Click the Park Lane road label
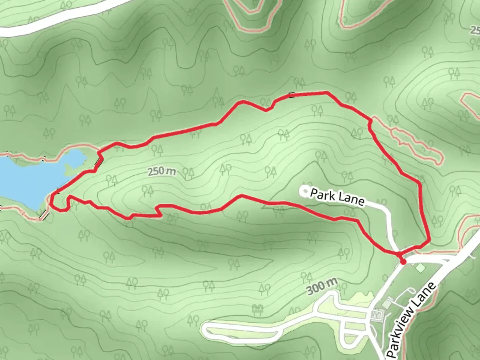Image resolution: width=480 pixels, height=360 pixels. coord(337,197)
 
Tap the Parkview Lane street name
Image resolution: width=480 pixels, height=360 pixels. coord(412,320)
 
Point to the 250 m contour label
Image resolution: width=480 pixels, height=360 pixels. coord(161,171)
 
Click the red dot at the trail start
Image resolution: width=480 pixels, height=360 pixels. coord(403,262)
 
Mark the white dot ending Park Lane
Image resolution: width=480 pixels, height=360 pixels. coord(305,191)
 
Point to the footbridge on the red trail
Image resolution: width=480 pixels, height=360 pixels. coord(99,163)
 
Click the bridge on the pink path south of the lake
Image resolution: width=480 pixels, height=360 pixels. coord(43,215)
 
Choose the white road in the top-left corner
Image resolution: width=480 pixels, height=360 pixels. coord(50,20)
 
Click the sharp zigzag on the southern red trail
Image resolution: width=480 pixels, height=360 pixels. coord(158,211)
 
